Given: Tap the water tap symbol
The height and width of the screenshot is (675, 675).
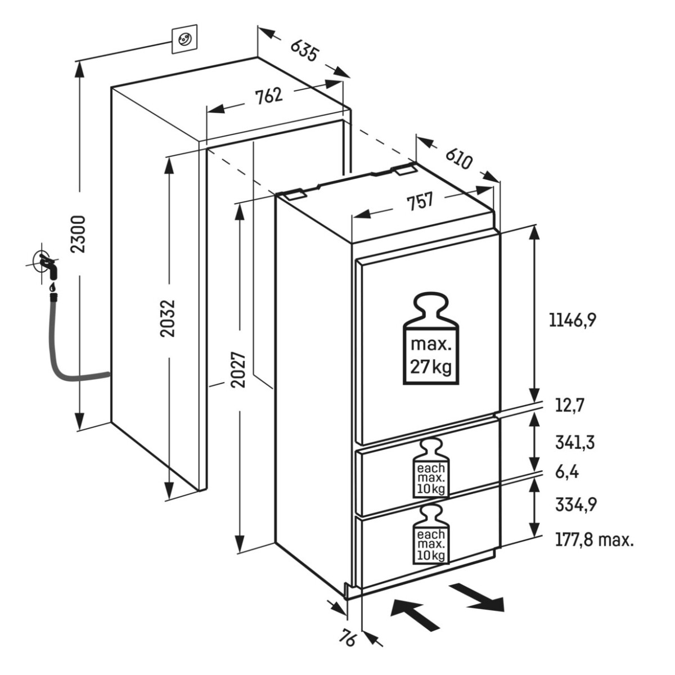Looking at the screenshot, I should tap(46, 264).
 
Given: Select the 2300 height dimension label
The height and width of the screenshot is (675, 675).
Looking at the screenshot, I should tap(80, 234).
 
